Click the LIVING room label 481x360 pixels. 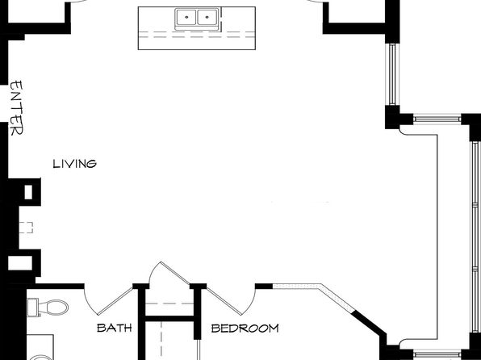coord(74,164)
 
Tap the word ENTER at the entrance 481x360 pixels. coord(17,108)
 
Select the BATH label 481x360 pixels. coord(115,328)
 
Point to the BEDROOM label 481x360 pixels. coord(245,329)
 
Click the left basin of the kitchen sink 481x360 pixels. coord(186,17)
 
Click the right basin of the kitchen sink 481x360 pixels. coord(207,17)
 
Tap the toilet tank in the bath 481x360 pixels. coord(32,308)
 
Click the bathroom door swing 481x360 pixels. coord(107,303)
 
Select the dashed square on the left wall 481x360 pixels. coord(26,228)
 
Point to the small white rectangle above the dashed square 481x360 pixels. coord(28,192)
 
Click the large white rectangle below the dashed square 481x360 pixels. coord(20,263)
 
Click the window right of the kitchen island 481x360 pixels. coord(392,74)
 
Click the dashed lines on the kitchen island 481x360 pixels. coord(197,35)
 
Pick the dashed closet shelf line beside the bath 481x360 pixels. coord(169,303)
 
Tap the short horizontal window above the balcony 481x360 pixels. coord(437,119)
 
